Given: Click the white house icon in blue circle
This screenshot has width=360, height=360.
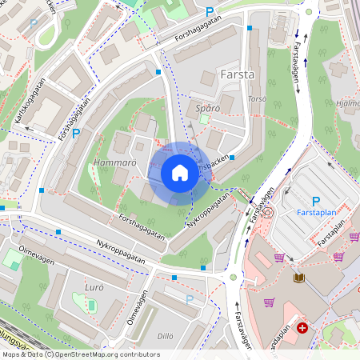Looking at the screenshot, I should click(x=180, y=173).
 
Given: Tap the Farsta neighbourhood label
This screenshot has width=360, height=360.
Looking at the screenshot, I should click(x=236, y=74).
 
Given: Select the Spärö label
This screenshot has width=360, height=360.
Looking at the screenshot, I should click(x=207, y=108).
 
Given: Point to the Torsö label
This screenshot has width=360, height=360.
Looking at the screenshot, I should click(x=257, y=99).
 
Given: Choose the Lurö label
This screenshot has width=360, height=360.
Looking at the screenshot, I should click(x=94, y=286).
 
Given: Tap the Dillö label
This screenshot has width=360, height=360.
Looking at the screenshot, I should click(x=165, y=336).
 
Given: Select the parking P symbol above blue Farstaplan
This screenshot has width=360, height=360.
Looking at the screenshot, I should click(x=315, y=202).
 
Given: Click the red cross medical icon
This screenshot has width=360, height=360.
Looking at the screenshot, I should click(x=302, y=328).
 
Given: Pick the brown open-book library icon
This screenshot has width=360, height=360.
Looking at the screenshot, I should click(x=299, y=278).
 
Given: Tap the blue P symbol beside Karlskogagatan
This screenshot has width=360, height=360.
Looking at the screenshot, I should click(x=76, y=134).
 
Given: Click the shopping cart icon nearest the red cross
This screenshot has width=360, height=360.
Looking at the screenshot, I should click(x=270, y=302).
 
